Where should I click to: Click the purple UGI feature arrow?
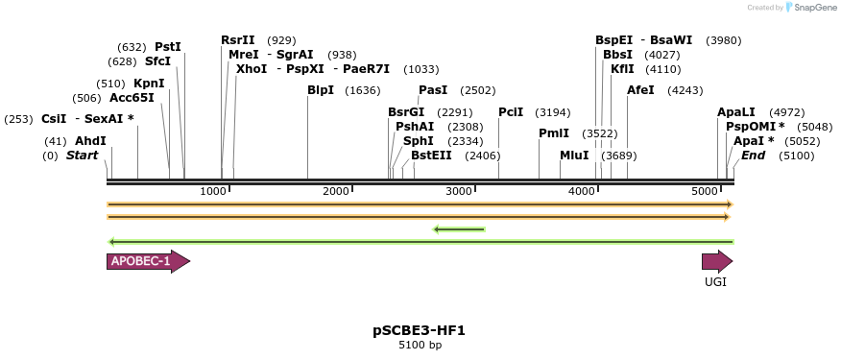coord(716,261)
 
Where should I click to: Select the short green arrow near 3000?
coord(459,228)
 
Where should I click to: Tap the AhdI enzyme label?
coord(90,140)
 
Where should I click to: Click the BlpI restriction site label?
coord(321,90)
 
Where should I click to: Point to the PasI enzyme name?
coord(433,90)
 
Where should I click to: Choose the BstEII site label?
coord(431,155)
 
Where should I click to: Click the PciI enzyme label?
coord(511,112)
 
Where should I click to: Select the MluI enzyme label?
coord(574,155)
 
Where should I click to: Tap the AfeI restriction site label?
coord(640,90)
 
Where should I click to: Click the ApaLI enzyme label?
coord(736,112)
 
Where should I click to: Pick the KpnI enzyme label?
coord(149,84)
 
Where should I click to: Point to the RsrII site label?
coord(238,40)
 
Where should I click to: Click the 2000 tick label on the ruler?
coord(336,192)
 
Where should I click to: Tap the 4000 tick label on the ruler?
coord(583,192)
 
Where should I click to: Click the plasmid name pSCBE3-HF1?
coord(420,330)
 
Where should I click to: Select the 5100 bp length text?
coord(420,345)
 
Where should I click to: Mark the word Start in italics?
coord(82,155)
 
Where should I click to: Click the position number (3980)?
coord(723,40)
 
